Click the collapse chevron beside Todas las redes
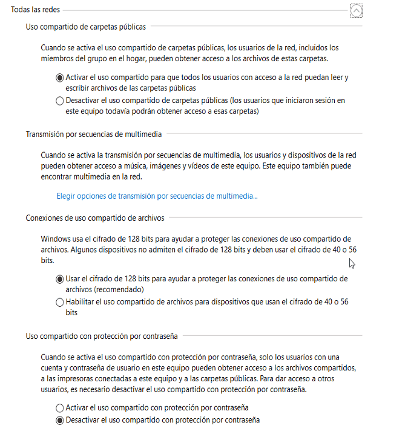[x=357, y=10]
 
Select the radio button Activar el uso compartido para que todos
[x=59, y=78]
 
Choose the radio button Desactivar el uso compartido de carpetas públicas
[x=59, y=101]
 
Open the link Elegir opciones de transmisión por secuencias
[x=157, y=196]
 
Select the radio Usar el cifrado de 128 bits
[x=59, y=279]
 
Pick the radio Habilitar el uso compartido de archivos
[x=59, y=302]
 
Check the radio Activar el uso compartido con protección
[x=59, y=408]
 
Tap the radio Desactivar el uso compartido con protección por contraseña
[x=59, y=419]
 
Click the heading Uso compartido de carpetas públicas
[x=85, y=27]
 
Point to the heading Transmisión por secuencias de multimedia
[x=93, y=134]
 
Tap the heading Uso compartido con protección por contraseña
[x=100, y=335]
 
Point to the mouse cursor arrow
[x=352, y=262]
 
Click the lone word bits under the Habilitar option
[x=72, y=313]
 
